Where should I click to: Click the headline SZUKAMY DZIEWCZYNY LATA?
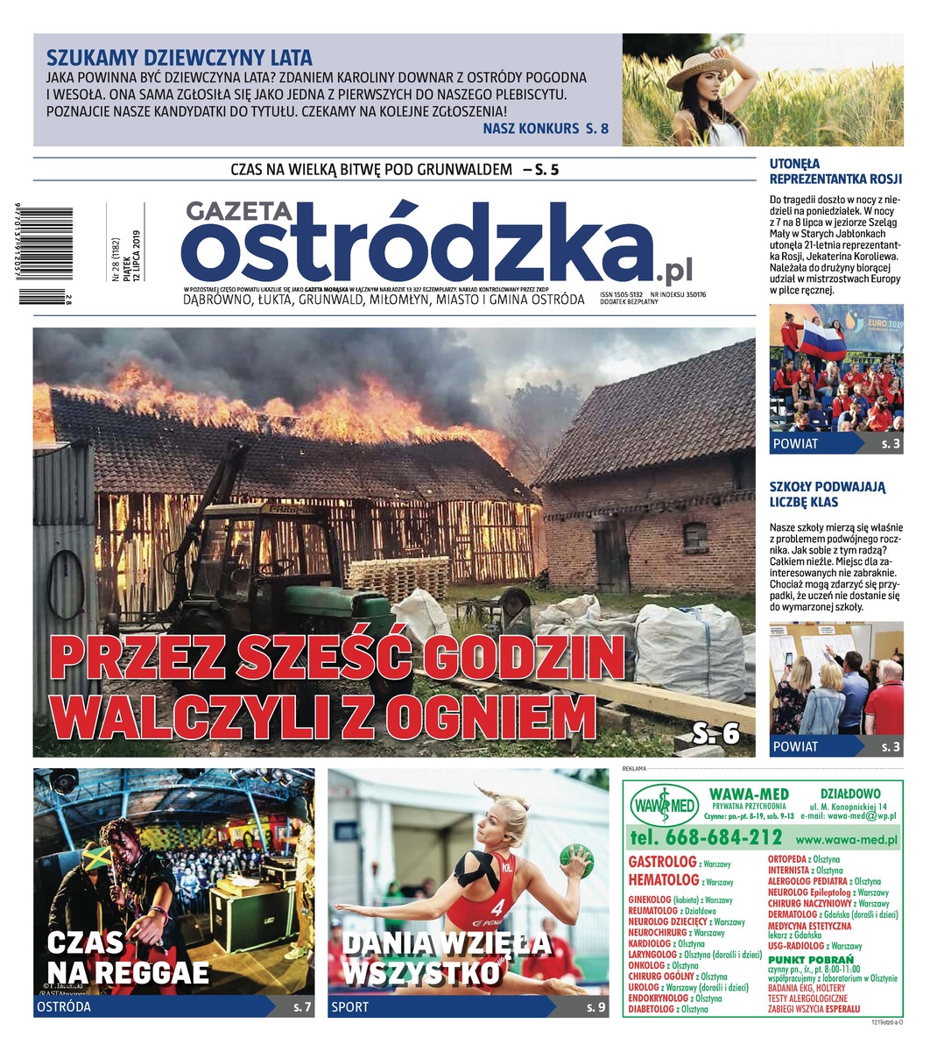tap(179, 59)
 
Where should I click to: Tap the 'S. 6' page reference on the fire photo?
tap(715, 733)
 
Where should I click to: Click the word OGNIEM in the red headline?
tap(491, 716)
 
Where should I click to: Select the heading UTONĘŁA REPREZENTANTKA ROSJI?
tap(835, 171)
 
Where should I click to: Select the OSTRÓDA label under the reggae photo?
tap(63, 1007)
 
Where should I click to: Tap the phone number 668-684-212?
tap(705, 837)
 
